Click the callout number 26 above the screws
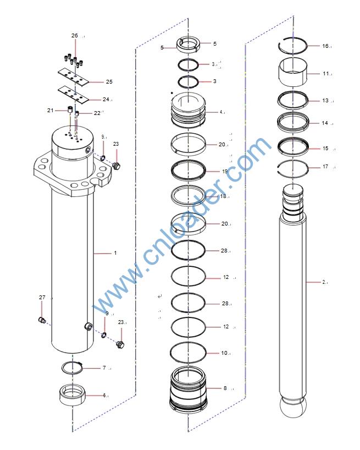point(75,36)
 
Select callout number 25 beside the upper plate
point(109,82)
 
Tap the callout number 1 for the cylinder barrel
point(115,253)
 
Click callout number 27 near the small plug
point(42,297)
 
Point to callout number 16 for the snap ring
point(325,46)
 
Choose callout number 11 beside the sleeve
point(326,74)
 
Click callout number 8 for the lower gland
point(225,388)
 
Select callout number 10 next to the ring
point(224,353)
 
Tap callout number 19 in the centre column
point(225,171)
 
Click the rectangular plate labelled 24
point(74,95)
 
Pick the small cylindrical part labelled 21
point(69,110)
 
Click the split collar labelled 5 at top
point(188,45)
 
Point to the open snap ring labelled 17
point(293,168)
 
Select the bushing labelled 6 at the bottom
point(73,394)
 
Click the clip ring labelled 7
point(72,368)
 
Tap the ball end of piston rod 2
point(293,407)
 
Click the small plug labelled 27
point(42,320)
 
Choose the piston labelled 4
point(189,110)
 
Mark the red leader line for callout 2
point(313,282)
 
